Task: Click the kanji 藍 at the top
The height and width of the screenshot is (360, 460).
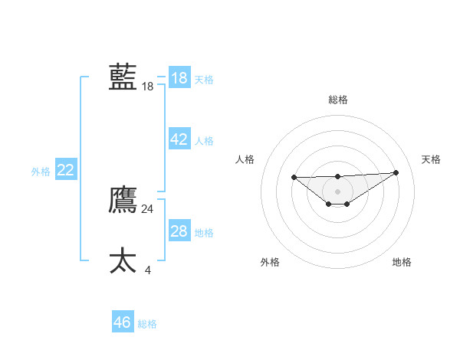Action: [x=123, y=77]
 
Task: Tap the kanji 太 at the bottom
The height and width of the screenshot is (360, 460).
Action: [x=123, y=260]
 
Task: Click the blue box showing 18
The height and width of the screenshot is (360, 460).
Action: [x=179, y=78]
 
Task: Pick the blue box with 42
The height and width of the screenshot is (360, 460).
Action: [x=179, y=139]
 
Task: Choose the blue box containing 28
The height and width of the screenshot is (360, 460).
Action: [x=179, y=231]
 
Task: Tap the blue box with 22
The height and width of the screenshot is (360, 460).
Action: [x=65, y=170]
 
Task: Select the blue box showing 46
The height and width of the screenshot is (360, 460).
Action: [x=122, y=322]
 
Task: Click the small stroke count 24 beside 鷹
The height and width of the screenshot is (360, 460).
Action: [x=148, y=209]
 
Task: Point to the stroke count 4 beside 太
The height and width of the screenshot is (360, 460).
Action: [x=148, y=270]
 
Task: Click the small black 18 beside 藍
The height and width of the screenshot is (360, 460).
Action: [x=148, y=87]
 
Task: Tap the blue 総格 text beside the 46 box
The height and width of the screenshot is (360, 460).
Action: [x=147, y=324]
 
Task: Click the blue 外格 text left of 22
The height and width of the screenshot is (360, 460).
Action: [x=41, y=172]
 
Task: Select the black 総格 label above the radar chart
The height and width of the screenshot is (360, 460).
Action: [x=337, y=100]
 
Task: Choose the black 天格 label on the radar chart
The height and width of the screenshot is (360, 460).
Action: [x=432, y=159]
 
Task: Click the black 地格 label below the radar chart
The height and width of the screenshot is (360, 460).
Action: [x=402, y=262]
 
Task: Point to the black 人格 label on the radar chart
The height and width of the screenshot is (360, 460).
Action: [x=245, y=159]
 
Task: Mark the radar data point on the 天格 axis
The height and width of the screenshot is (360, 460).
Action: [x=396, y=172]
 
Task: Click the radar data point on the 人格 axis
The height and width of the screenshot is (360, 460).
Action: [x=294, y=177]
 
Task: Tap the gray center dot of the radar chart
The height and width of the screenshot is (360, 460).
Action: [x=337, y=191]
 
